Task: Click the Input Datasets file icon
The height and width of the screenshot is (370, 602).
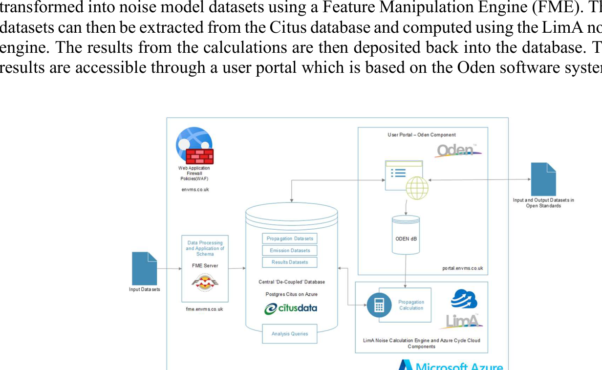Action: tap(145, 268)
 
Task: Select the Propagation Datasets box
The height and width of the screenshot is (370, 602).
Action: tap(290, 239)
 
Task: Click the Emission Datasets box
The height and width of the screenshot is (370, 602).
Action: tap(290, 250)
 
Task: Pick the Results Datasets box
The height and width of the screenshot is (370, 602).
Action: tap(290, 262)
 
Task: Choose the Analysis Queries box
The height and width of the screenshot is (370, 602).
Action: tap(290, 334)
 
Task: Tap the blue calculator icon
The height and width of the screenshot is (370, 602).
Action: tap(379, 305)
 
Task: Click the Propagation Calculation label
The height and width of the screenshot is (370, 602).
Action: tap(411, 305)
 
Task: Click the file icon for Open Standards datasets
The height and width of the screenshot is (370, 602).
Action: tap(543, 179)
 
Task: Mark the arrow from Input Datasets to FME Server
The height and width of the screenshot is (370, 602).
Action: tap(169, 268)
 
